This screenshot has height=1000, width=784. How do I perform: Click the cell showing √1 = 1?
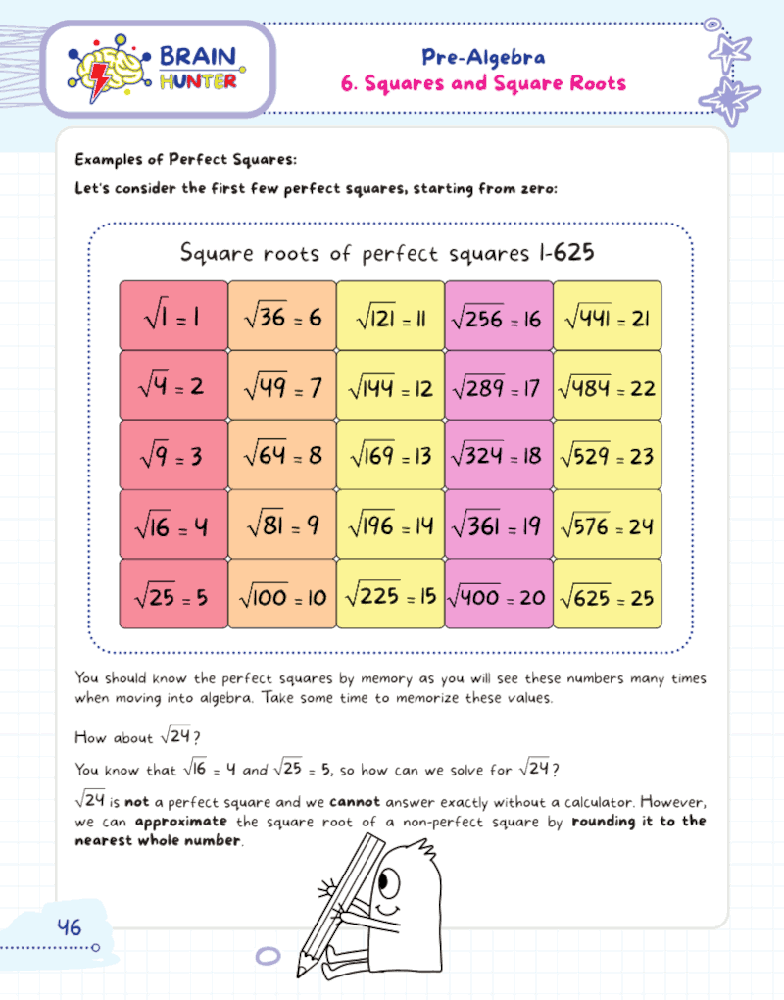click(173, 316)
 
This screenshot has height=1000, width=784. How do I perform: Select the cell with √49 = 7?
click(282, 386)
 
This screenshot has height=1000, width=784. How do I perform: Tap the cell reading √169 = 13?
click(390, 456)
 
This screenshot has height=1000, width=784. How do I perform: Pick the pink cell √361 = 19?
click(498, 525)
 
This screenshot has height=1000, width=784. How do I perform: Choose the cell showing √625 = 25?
click(607, 595)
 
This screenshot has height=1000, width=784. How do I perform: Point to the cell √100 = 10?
click(282, 595)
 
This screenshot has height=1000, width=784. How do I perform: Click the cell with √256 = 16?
click(498, 316)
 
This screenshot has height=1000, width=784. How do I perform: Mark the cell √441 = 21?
click(607, 316)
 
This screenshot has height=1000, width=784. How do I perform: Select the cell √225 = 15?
click(390, 595)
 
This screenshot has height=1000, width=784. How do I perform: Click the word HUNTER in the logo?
click(197, 81)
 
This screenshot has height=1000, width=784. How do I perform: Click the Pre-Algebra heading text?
click(483, 57)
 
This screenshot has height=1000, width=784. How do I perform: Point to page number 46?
click(70, 926)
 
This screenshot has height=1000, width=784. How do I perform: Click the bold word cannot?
click(355, 801)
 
